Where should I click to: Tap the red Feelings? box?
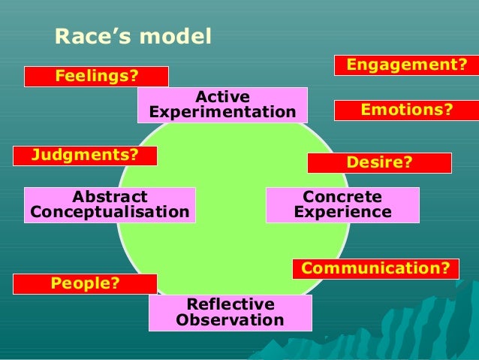(96, 77)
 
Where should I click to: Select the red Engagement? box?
(406, 66)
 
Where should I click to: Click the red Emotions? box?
(406, 110)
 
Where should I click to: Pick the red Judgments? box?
(85, 156)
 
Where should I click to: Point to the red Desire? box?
(379, 163)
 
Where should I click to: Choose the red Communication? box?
(375, 268)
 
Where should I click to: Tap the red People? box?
(85, 283)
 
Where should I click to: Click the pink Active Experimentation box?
(222, 104)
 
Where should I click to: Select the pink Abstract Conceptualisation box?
(110, 205)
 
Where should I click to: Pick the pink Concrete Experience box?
(342, 205)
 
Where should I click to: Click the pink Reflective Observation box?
(230, 313)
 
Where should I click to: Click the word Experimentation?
(222, 113)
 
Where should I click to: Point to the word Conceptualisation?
(110, 213)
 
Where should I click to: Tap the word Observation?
(230, 321)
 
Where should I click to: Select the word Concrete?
(342, 197)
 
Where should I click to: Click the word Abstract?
(110, 197)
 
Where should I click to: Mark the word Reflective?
(230, 304)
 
